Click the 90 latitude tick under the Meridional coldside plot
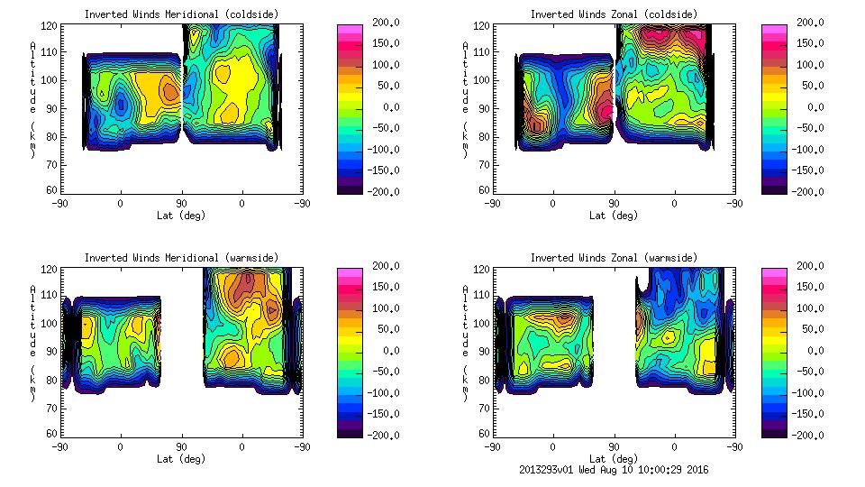point(181,204)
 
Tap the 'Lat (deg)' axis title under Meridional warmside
point(181,459)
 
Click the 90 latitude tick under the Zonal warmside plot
point(614,447)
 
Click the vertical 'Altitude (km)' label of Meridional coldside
point(32,99)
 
